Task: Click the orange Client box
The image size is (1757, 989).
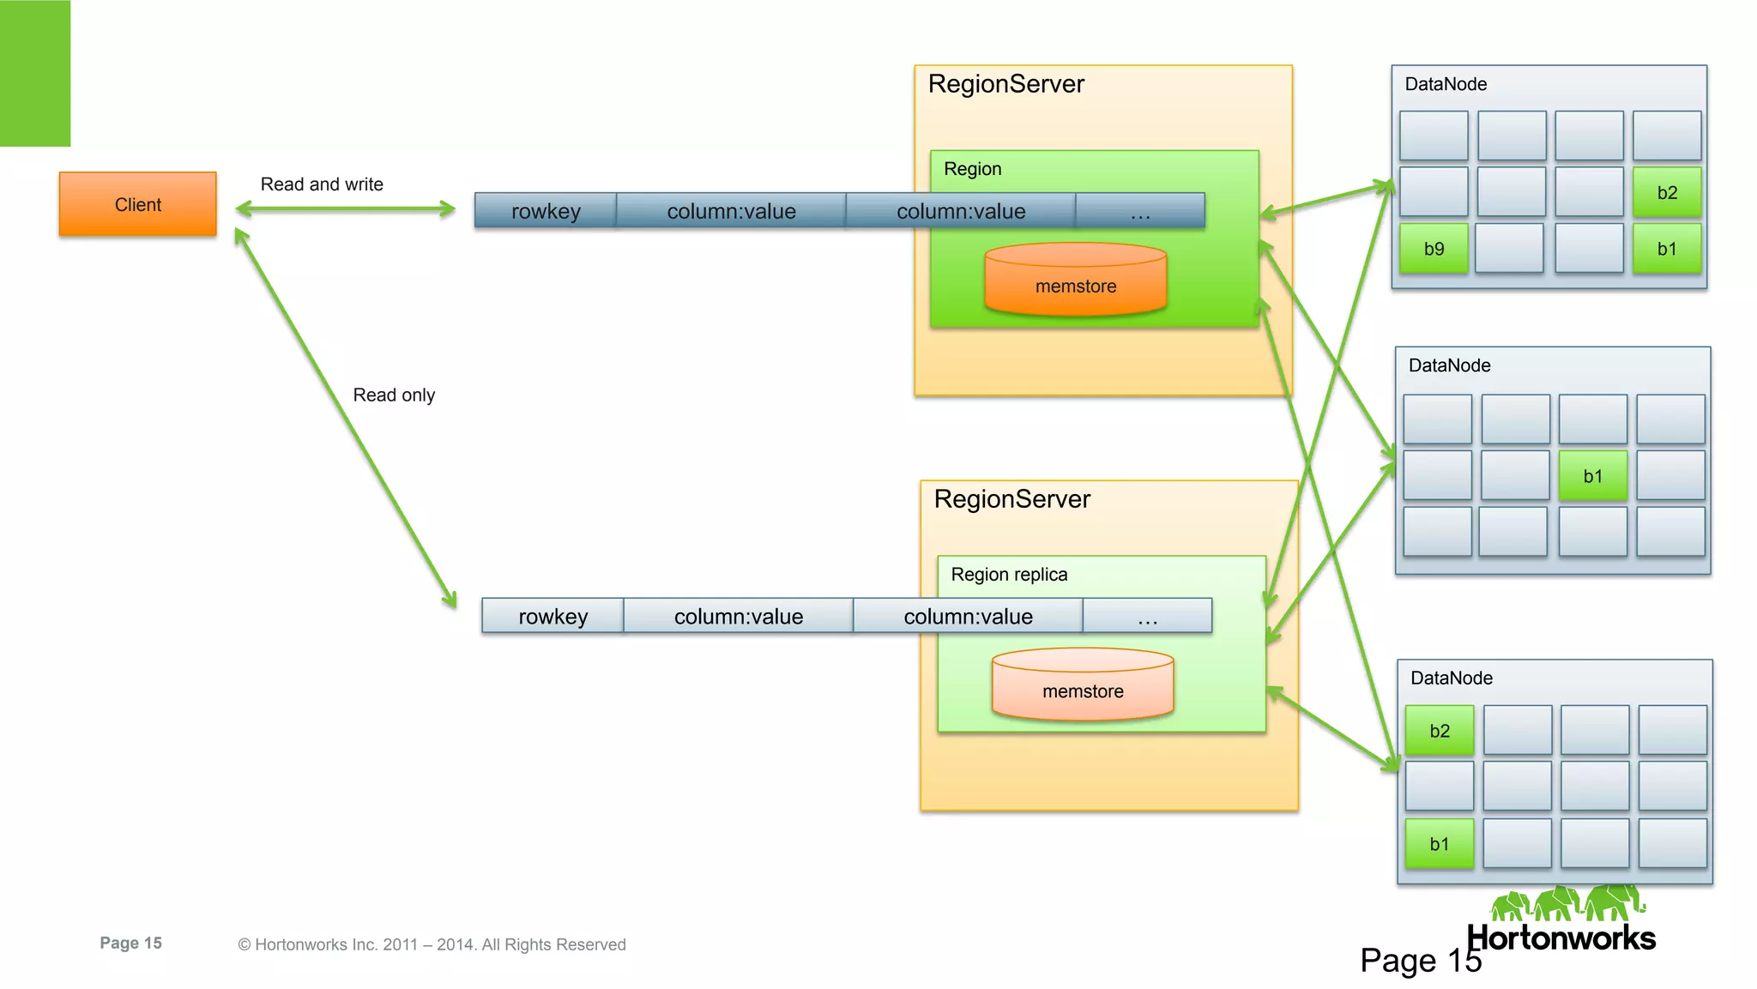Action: (137, 204)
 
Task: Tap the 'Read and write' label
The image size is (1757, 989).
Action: (322, 184)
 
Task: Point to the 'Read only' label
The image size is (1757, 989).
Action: (394, 395)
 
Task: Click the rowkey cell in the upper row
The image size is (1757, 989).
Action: (546, 211)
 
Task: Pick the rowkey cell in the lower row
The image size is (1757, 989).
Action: (552, 616)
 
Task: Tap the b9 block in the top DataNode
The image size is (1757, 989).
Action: (1434, 249)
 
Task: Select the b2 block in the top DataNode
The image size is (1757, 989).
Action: (1666, 193)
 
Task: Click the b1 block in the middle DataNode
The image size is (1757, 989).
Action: (1592, 476)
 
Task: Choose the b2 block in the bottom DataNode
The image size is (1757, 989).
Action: (1439, 731)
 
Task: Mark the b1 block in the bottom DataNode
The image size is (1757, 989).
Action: (1439, 844)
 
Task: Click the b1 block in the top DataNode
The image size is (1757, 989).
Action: (1666, 249)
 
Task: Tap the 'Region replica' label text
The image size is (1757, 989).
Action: (1009, 575)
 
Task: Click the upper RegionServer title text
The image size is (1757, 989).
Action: (1005, 84)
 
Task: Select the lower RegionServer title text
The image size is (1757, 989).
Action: (1011, 499)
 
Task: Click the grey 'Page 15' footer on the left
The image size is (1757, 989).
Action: (130, 943)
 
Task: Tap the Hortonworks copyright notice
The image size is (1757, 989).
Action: (432, 944)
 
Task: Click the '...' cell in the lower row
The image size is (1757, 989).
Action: (1147, 616)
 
